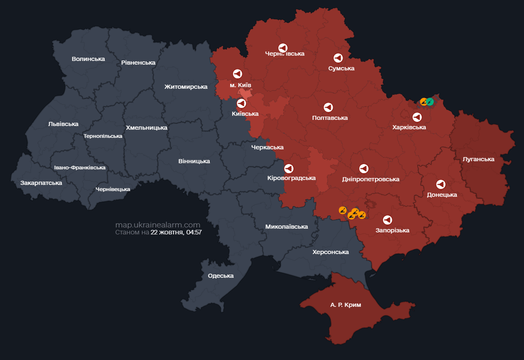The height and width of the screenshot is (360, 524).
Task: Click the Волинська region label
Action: (88, 59)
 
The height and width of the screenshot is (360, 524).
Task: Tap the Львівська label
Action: (63, 124)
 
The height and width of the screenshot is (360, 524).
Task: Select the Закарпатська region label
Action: (41, 183)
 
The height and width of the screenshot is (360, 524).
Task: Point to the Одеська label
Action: (221, 276)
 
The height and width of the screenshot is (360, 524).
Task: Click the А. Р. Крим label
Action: (345, 305)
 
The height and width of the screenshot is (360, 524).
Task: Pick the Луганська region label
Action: (478, 159)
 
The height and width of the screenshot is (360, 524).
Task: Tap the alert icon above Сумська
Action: (338, 58)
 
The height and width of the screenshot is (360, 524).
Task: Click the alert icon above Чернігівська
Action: (283, 48)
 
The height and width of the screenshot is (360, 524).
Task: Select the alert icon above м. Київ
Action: (237, 74)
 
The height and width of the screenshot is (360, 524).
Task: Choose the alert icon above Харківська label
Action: (417, 117)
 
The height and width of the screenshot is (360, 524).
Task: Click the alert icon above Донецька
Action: (441, 185)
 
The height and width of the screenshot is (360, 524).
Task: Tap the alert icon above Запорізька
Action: (387, 220)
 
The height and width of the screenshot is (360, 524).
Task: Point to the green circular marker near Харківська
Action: (430, 102)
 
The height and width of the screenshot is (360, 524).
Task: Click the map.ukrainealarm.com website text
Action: (157, 225)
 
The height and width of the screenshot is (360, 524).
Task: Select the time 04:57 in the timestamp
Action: (193, 232)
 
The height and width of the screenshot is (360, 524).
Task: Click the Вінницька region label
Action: (194, 161)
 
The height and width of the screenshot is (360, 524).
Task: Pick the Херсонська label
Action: (330, 252)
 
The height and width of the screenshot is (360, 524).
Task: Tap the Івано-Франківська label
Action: (80, 167)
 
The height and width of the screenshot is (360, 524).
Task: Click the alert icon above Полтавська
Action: (328, 107)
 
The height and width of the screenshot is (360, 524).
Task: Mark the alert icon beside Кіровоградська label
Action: (289, 168)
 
